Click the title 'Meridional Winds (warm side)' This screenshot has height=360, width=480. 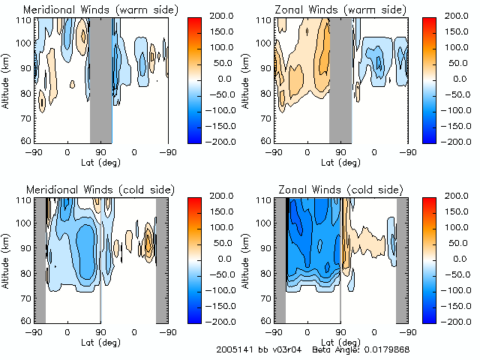[x=91, y=10]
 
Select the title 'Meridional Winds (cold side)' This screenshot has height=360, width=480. [x=90, y=190]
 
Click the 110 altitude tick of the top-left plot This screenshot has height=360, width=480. [x=25, y=20]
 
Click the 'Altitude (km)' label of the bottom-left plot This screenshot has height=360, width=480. [x=7, y=259]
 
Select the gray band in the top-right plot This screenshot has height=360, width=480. [x=340, y=79]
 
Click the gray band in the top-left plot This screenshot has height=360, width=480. [x=101, y=79]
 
